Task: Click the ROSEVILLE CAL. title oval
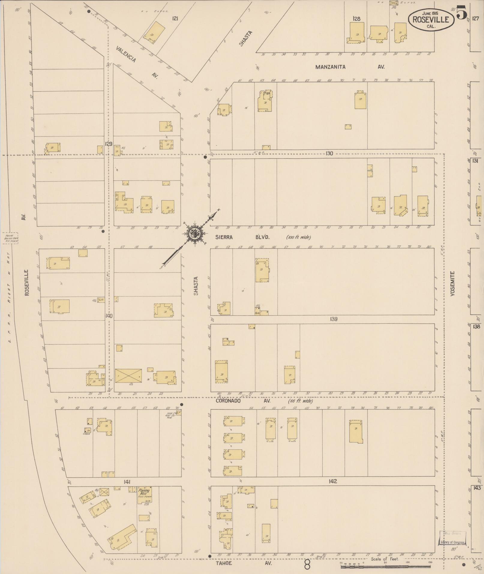(x=431, y=19)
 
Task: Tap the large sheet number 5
(x=462, y=13)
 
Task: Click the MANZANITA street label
(x=330, y=67)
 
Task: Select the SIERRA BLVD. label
(x=242, y=237)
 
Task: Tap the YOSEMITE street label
(x=452, y=283)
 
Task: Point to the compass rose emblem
(x=195, y=232)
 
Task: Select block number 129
(x=109, y=144)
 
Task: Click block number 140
(x=109, y=316)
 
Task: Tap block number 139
(x=334, y=319)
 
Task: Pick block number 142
(x=333, y=481)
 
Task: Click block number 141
(x=126, y=482)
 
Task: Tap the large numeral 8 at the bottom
(x=307, y=566)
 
